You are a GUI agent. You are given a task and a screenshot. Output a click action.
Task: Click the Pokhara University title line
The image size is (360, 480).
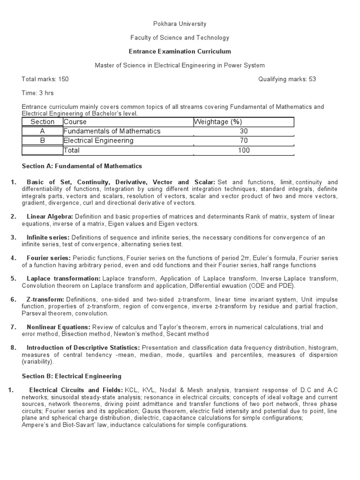(180, 24)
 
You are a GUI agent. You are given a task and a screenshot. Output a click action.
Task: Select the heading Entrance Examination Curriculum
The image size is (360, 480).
(180, 52)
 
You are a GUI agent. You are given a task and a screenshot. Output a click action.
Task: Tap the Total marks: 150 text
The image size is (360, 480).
(45, 79)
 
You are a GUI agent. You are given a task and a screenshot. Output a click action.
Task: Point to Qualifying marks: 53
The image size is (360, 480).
(287, 79)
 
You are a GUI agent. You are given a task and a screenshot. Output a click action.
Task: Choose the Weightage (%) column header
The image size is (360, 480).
(218, 122)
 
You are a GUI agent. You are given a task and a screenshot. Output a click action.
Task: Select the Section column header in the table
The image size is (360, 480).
(43, 122)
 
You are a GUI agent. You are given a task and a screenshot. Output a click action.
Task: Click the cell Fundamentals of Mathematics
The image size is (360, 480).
(112, 131)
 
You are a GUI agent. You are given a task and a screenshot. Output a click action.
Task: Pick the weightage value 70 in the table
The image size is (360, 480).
(243, 141)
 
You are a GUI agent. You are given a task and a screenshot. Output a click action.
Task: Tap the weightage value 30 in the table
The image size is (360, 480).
(243, 131)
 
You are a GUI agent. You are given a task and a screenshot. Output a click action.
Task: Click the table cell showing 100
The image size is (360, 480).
(243, 150)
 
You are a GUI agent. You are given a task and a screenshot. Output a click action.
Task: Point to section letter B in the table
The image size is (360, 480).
(42, 141)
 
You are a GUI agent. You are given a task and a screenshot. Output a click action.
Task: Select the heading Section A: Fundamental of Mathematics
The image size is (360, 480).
(82, 166)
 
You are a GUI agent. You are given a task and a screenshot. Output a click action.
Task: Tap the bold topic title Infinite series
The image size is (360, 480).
(48, 238)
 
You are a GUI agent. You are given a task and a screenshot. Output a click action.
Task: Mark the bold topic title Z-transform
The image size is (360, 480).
(45, 300)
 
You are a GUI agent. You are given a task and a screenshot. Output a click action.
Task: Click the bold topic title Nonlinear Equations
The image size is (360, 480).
(59, 327)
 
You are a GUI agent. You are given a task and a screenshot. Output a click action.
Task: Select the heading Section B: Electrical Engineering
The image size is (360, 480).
(72, 376)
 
